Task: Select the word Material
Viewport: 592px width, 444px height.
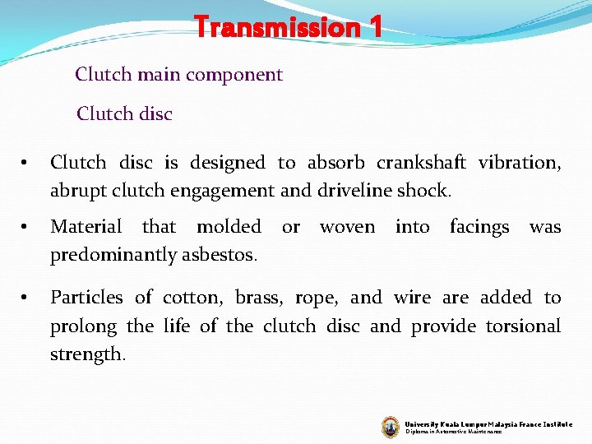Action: coord(86,226)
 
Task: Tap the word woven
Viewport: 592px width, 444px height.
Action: coord(347,226)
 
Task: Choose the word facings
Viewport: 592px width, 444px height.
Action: coord(479,226)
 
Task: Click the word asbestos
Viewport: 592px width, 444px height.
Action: coord(224,255)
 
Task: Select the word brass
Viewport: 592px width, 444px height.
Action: coord(252,298)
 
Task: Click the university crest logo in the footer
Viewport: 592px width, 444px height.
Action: coord(391,426)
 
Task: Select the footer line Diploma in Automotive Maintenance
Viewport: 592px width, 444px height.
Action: coord(453,431)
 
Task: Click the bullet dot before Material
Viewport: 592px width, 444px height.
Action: coord(25,227)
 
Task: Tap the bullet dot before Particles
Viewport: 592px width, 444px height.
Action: coord(25,298)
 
